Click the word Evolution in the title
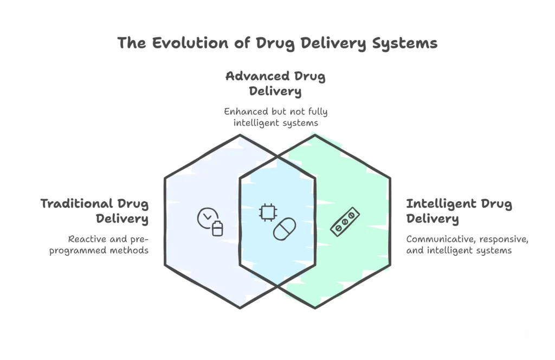click(x=175, y=43)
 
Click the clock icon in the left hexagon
click(x=205, y=217)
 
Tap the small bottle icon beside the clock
click(x=217, y=228)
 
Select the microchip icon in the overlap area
click(x=267, y=213)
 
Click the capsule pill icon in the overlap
click(x=284, y=228)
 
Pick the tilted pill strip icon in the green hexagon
click(x=343, y=222)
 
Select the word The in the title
click(x=130, y=43)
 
